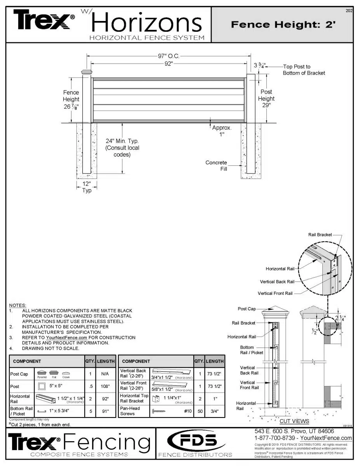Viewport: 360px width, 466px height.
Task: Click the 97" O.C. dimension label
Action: tap(168, 56)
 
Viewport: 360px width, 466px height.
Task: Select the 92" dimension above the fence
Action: tap(168, 64)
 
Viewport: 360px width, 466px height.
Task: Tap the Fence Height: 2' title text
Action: tap(283, 24)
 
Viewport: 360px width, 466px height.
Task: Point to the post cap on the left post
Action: tap(87, 72)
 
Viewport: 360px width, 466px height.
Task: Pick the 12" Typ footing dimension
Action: tap(87, 187)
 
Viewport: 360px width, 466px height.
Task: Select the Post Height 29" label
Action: tap(266, 98)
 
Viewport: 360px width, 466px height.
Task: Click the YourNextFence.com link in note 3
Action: tap(64, 338)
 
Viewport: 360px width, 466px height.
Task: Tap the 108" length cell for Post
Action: tap(105, 387)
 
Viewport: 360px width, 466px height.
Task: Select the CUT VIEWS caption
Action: tap(294, 421)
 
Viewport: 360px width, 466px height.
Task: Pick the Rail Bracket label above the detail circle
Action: tap(320, 235)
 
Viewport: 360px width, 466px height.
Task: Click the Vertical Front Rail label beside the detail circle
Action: tap(275, 294)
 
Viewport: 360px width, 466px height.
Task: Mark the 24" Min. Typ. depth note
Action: tap(122, 148)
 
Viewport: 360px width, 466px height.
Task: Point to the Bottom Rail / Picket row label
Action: tap(21, 411)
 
